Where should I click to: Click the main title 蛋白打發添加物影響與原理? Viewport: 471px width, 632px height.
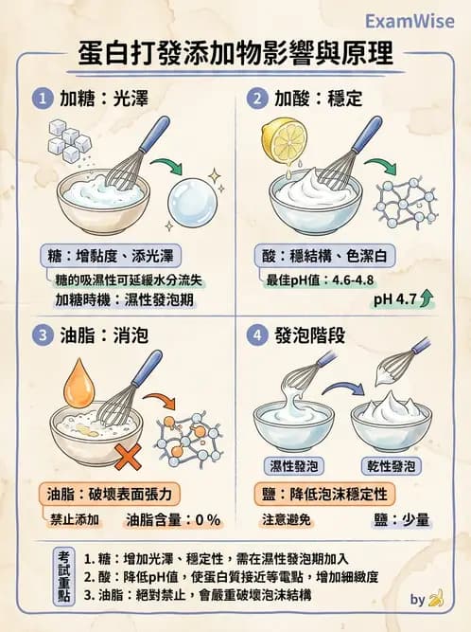tap(235, 55)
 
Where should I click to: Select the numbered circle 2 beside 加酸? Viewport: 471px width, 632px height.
tap(255, 99)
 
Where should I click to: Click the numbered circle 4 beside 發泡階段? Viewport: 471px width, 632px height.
tap(255, 335)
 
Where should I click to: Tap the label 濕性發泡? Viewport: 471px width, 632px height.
tap(290, 466)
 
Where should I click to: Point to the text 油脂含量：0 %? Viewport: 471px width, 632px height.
tap(173, 519)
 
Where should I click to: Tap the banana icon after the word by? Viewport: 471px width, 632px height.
tap(436, 599)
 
